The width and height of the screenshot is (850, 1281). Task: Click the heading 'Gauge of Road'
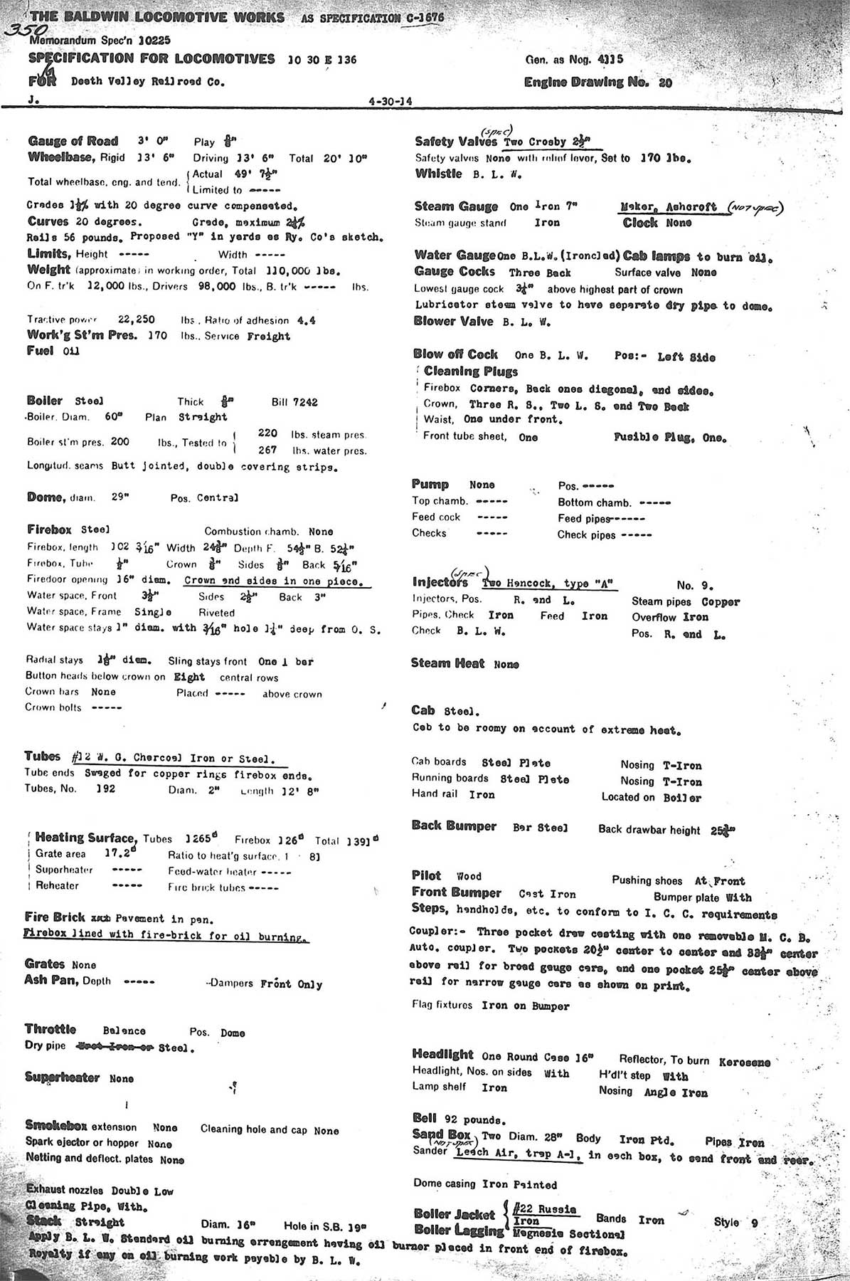[73, 141]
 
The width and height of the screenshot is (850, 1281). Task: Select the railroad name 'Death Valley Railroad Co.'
[147, 82]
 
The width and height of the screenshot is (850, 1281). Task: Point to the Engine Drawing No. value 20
[665, 83]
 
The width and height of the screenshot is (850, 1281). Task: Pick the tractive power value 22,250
[136, 320]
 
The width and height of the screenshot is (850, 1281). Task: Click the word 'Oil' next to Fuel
[71, 351]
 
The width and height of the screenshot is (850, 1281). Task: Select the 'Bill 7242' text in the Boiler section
[294, 402]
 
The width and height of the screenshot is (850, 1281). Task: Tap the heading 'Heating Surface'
[85, 838]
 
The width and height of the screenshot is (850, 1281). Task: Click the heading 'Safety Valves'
[456, 142]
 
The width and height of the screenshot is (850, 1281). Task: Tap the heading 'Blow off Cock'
[455, 354]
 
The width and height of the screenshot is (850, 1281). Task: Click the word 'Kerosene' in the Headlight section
[744, 1062]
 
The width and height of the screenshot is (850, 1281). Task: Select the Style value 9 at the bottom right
[754, 1223]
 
